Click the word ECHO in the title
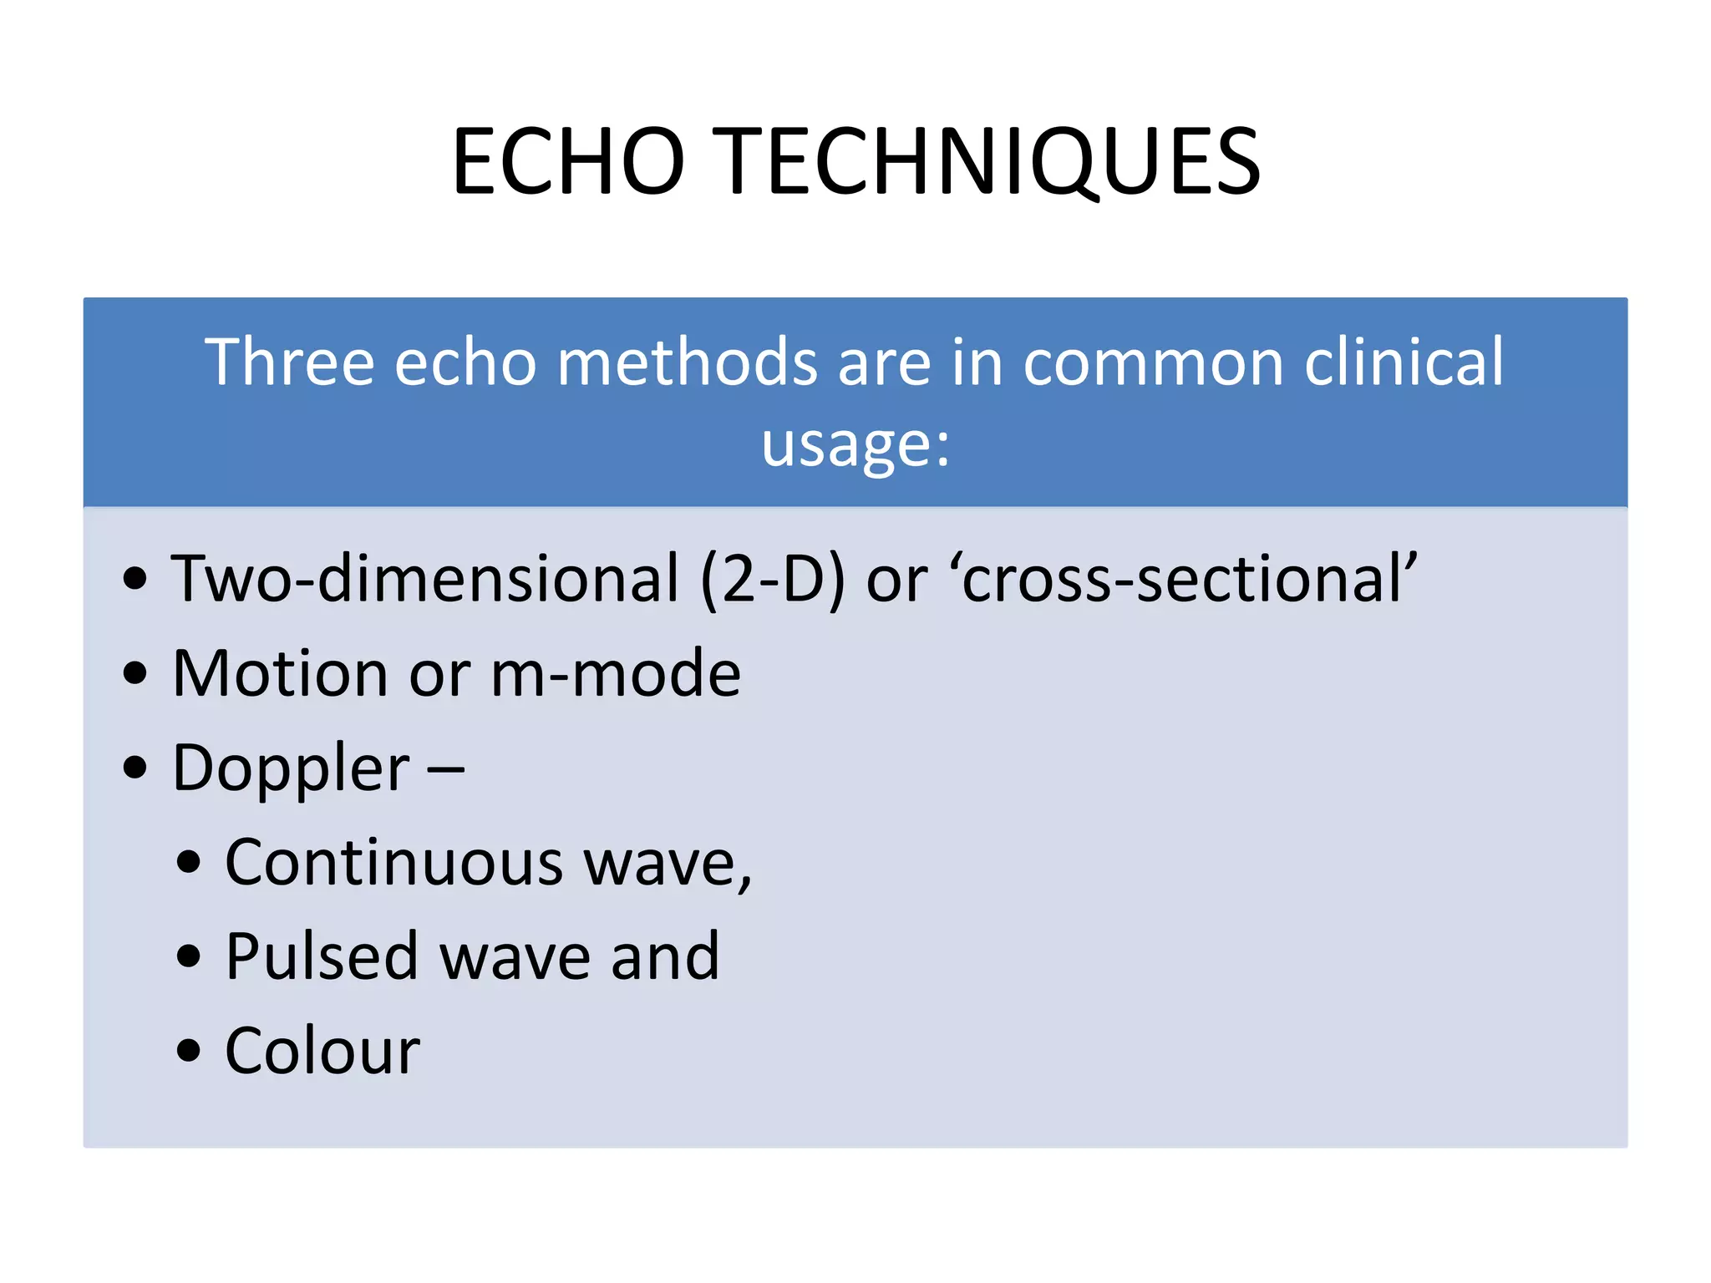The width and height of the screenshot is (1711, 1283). coord(568,161)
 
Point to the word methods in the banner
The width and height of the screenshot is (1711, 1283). coord(687,363)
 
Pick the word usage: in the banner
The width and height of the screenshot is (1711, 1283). coord(855,444)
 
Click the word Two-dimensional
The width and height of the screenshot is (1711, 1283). coord(425,578)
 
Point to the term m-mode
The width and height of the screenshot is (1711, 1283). coord(616,673)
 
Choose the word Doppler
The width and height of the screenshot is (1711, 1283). coord(291,768)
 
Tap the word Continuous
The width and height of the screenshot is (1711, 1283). coord(393,862)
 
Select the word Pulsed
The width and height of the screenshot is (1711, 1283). coord(322,956)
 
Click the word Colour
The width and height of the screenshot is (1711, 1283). coord(322,1051)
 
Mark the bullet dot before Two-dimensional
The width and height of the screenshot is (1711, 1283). coord(135,579)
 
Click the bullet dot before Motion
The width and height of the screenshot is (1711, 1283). coord(135,673)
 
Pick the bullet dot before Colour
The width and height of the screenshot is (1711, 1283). coord(189,1051)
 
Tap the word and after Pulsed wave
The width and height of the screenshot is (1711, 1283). coord(665,956)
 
